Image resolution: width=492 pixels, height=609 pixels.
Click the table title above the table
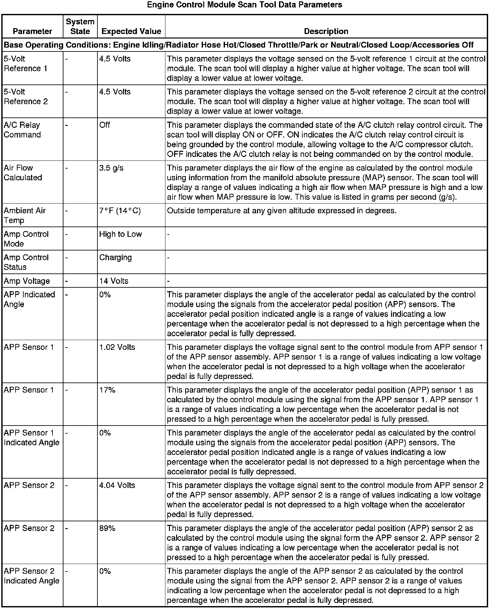(x=244, y=5)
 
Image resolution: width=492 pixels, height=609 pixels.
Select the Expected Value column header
(x=131, y=31)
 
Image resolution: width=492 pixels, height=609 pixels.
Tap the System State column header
(x=80, y=27)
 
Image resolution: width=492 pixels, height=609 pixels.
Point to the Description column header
(x=326, y=31)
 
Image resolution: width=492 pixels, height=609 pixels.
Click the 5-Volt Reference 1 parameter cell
(x=25, y=64)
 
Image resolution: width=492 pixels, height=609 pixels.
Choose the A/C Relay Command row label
(x=22, y=130)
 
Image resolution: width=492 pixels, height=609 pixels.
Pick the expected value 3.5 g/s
(x=111, y=168)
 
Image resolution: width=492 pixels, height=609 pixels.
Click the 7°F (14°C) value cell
(x=120, y=211)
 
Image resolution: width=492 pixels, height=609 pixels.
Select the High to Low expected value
(x=120, y=234)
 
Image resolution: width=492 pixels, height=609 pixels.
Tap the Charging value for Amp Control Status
(x=116, y=258)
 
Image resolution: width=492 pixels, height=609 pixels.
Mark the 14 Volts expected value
(x=114, y=281)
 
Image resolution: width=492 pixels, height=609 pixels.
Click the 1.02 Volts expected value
(x=117, y=347)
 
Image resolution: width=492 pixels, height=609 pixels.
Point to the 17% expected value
(x=107, y=390)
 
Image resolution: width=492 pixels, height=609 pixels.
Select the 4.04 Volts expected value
(x=117, y=485)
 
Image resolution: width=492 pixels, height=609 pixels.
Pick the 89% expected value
(x=107, y=528)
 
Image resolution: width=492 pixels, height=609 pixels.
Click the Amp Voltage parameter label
(x=27, y=281)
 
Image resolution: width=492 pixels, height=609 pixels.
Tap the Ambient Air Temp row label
(x=25, y=216)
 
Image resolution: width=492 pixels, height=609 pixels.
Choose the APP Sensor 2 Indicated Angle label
(x=31, y=576)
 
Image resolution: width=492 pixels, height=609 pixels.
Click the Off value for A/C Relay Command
(x=105, y=125)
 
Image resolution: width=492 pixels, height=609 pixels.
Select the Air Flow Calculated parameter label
(x=23, y=173)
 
